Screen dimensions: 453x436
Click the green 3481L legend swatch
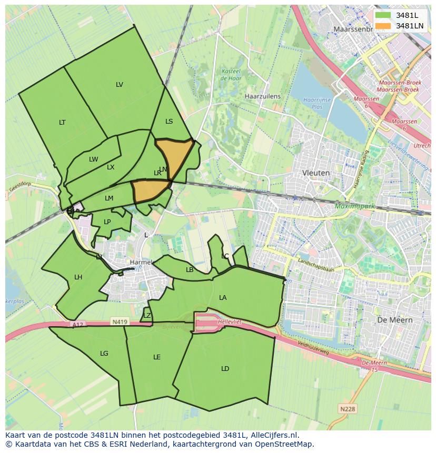(383, 15)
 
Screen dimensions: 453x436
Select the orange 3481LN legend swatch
(383, 25)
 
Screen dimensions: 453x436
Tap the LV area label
(120, 85)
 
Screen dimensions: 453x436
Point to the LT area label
(62, 123)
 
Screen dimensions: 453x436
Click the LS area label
(169, 122)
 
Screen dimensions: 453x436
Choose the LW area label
(93, 159)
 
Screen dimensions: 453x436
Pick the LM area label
(109, 198)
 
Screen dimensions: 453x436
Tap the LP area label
(107, 222)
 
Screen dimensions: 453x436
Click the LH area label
(78, 277)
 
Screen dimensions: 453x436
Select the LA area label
(223, 298)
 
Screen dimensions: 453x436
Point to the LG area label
(104, 354)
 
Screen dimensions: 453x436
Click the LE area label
(157, 357)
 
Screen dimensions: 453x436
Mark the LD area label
(225, 369)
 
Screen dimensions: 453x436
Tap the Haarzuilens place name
(263, 97)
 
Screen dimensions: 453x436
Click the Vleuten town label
(316, 173)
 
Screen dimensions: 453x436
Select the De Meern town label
(395, 320)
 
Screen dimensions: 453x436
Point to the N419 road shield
(120, 321)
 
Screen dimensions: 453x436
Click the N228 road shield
(347, 409)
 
